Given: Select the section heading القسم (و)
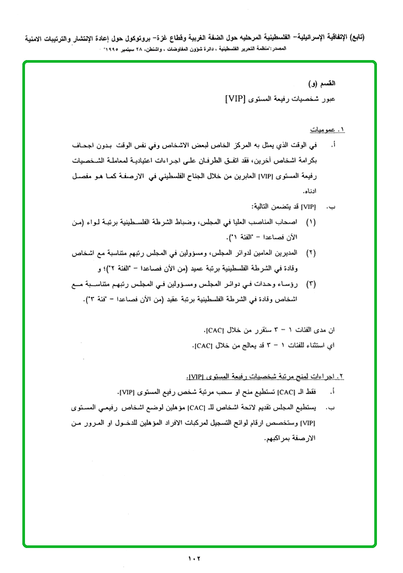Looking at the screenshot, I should (323, 84).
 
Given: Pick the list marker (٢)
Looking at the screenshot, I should (311, 251).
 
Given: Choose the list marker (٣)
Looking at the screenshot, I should (311, 284).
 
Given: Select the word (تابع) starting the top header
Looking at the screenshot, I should (355, 38).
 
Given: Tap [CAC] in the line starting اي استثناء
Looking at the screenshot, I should (204, 346).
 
